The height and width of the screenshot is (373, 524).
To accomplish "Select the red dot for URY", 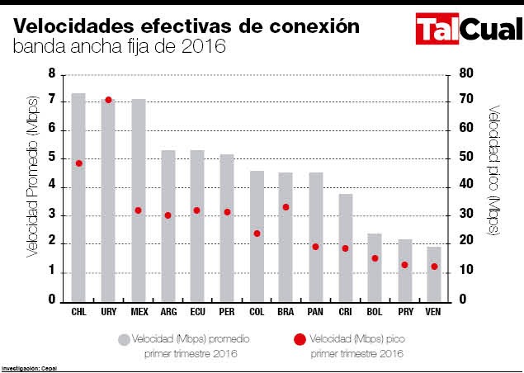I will tap(108, 100).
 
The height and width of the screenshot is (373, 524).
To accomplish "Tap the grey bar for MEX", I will tap(138, 199).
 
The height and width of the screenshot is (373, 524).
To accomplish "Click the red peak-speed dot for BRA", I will tap(286, 207).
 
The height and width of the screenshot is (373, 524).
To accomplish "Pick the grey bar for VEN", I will tap(433, 273).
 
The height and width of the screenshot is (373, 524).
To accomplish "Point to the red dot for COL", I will tap(257, 234).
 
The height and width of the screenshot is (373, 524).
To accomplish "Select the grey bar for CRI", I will tap(345, 247).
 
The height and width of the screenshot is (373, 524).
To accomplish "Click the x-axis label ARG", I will tap(168, 313).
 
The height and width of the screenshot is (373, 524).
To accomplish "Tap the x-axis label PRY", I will tap(404, 313).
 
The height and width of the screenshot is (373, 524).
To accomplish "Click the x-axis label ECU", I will tap(197, 313).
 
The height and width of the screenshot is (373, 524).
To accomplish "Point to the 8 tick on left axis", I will tap(52, 74).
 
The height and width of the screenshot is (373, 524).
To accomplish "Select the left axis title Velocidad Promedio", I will tap(32, 186).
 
